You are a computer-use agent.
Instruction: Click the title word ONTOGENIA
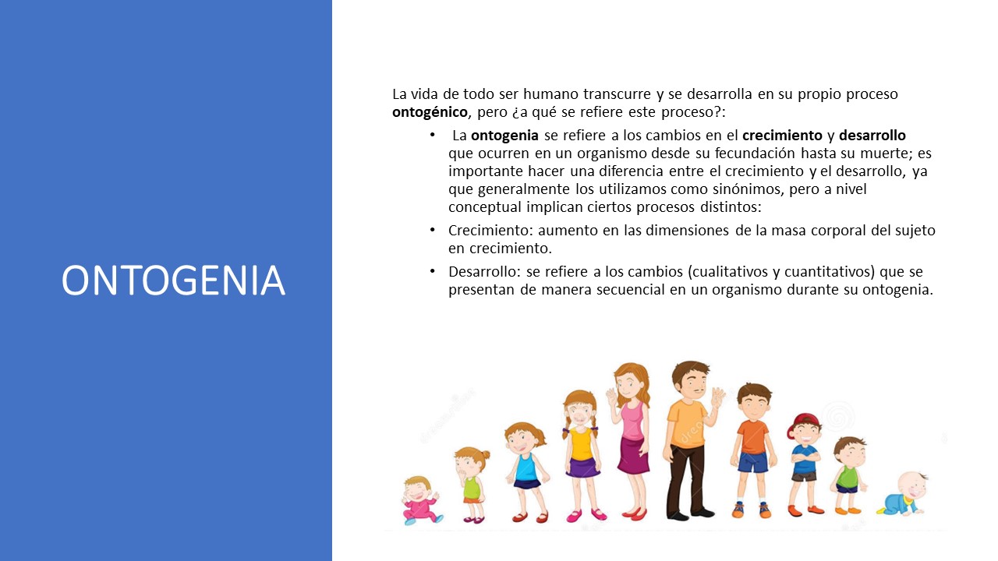[173, 280]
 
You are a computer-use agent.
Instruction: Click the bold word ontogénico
[430, 112]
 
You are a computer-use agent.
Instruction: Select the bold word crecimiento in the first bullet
[787, 136]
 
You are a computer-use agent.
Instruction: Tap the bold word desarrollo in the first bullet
[872, 136]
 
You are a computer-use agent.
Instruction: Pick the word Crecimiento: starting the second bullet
[488, 231]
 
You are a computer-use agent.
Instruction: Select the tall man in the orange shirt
[689, 440]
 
